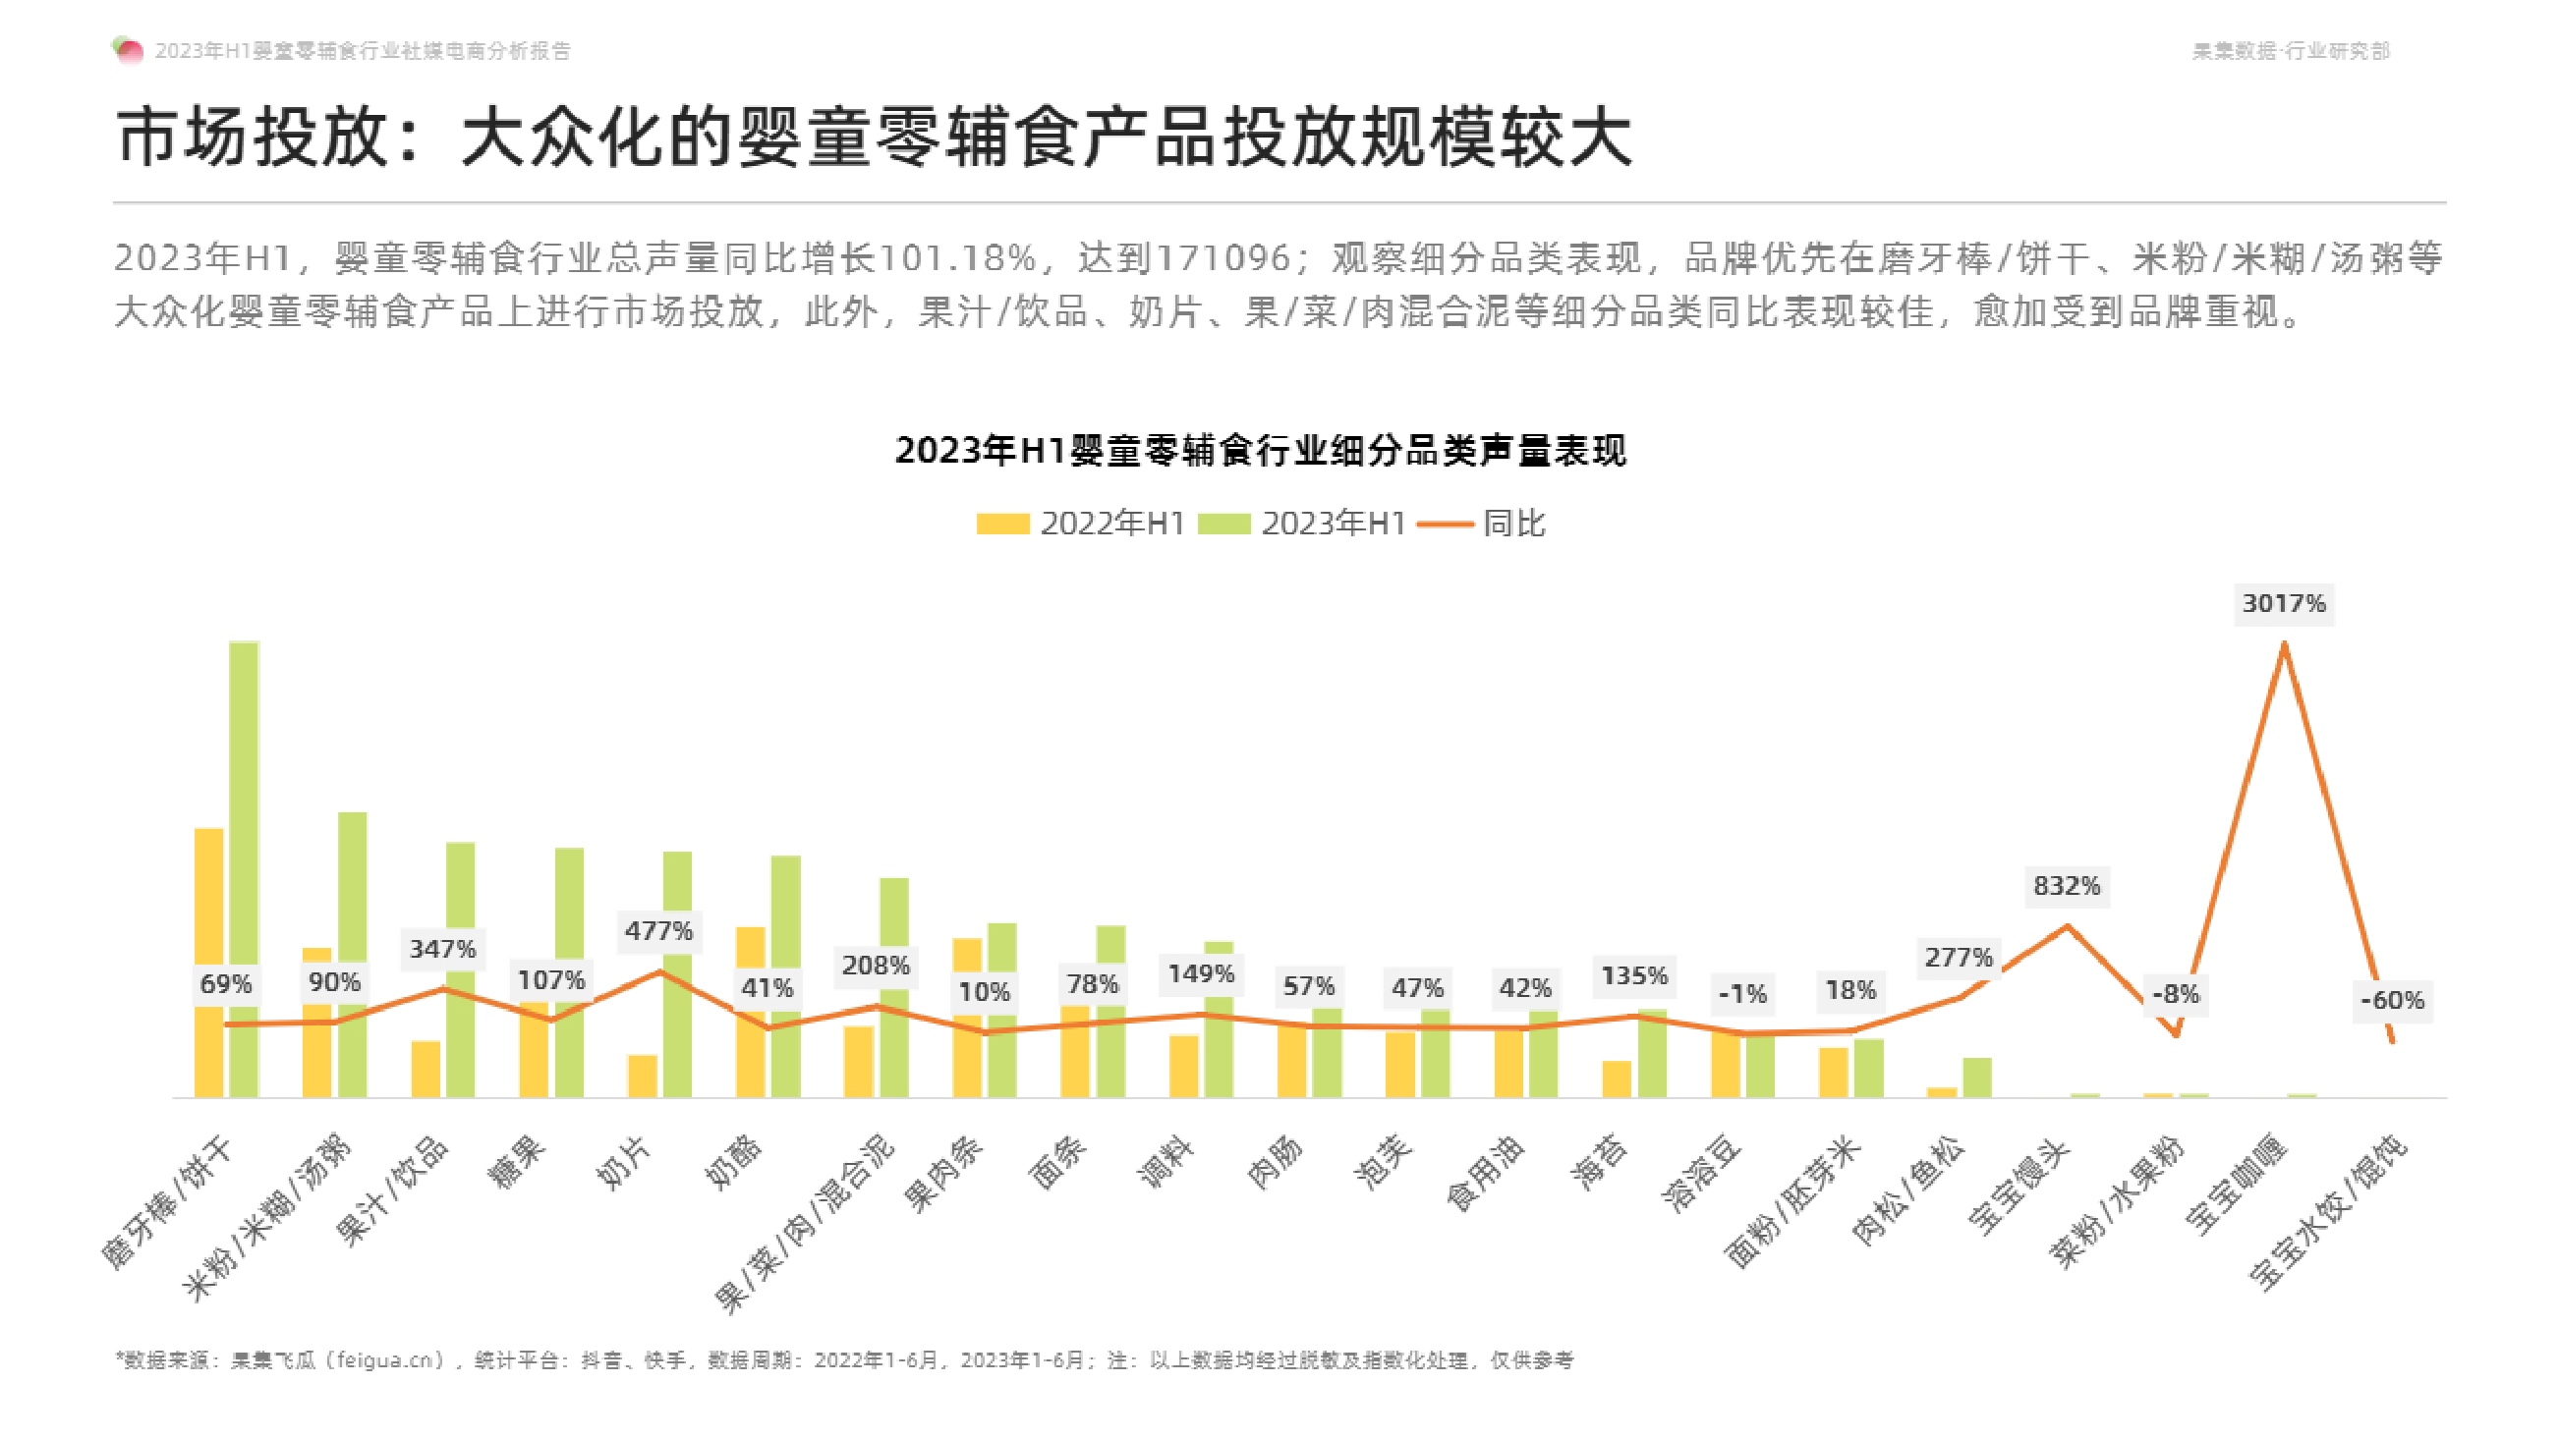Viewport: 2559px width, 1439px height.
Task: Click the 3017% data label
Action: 2283,603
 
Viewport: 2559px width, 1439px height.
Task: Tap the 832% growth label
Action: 2067,885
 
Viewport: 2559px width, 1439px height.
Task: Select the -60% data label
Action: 2392,999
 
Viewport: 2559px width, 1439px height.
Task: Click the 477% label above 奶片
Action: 658,930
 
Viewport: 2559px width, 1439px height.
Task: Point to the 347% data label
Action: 442,949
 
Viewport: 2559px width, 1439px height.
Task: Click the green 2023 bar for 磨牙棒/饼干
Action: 244,869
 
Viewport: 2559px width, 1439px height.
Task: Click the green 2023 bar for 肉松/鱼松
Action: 1977,1078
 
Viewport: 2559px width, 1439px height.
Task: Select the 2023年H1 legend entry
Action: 1302,524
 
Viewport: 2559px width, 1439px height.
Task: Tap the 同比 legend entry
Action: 1482,524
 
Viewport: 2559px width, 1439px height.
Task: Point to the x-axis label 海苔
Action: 1600,1162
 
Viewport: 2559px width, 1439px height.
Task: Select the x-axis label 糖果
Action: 517,1162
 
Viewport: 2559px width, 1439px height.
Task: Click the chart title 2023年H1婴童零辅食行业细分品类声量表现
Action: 1260,450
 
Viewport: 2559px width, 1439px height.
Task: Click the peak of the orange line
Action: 2284,645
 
